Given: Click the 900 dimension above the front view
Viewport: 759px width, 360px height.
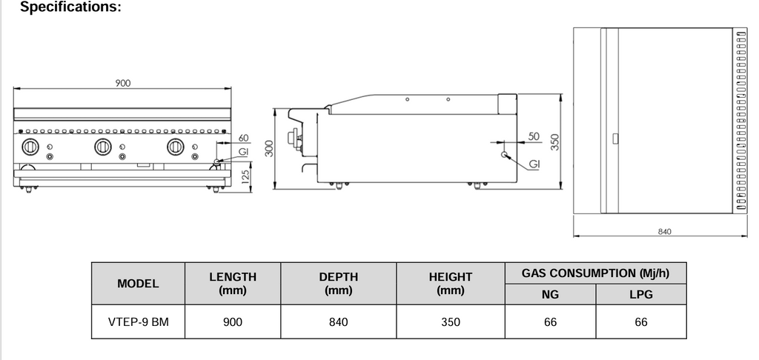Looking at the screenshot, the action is pos(123,83).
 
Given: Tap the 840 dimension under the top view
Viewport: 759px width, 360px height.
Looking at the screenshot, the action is pos(665,232).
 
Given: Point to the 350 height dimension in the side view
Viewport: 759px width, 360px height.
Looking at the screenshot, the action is pos(554,141).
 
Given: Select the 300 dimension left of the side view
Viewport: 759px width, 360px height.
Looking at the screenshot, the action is pos(269,148).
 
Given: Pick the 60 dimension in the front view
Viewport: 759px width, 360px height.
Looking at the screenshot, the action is pos(243,138).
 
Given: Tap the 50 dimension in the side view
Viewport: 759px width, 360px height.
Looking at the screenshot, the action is pos(534,136).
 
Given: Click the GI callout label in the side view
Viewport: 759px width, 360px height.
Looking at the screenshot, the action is pos(534,164).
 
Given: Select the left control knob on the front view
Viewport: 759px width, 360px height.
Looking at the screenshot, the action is pos(30,147).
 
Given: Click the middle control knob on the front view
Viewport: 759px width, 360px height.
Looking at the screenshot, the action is pos(103,147).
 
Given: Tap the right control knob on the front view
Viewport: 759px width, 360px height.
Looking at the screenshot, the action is pos(176,147).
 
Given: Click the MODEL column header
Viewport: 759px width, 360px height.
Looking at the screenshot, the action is pos(138,284).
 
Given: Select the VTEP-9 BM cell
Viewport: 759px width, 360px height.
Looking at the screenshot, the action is pos(138,321).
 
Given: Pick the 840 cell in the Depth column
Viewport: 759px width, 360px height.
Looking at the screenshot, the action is pos(338,321).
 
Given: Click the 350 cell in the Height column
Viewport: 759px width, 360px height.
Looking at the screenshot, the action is pos(451,321).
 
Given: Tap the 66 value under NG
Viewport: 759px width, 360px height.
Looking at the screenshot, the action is pos(551,321).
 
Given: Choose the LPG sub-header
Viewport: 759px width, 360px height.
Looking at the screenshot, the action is pos(641,294).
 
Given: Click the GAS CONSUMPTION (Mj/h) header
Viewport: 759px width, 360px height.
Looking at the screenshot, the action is pos(595,273).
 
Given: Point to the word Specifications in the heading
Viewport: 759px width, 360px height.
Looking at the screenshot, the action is pos(70,7).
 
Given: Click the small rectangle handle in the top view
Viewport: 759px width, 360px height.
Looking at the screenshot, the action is pos(615,139).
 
